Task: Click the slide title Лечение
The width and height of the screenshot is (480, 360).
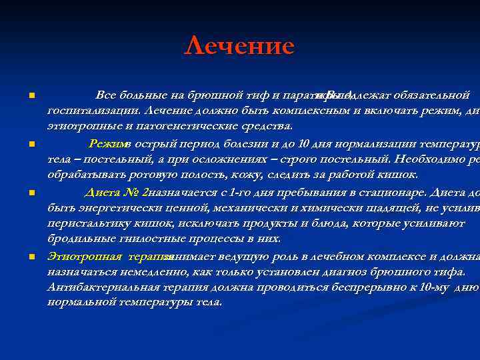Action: coord(239,47)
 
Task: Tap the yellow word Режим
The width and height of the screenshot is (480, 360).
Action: coord(105,143)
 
